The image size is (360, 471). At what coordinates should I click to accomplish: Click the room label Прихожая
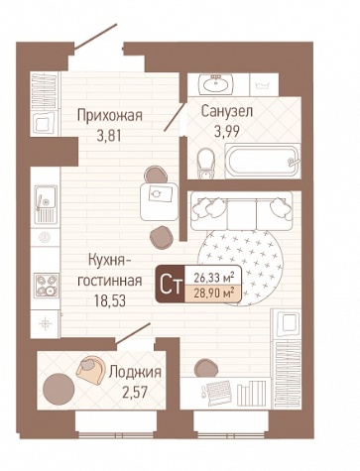110,116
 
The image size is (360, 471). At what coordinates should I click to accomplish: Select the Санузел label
227,112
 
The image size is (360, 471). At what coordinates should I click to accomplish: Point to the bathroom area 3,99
227,132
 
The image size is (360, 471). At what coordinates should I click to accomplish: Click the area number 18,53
110,300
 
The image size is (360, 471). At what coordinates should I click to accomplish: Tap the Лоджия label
135,372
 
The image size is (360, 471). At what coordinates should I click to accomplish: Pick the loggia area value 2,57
135,393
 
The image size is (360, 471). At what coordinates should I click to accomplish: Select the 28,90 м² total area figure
214,293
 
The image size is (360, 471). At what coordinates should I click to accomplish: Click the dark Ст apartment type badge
171,285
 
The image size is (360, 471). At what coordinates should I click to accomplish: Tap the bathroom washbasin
216,84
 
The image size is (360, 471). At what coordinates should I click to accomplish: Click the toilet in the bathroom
205,163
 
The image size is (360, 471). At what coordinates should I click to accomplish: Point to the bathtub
263,162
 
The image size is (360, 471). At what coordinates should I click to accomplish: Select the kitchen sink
46,203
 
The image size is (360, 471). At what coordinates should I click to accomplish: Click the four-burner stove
47,286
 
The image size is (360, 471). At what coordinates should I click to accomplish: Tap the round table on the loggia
59,389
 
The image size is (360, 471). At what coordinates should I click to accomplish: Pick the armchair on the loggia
90,370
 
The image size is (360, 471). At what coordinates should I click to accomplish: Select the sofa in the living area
241,210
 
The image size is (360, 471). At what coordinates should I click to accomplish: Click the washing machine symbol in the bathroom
264,84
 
